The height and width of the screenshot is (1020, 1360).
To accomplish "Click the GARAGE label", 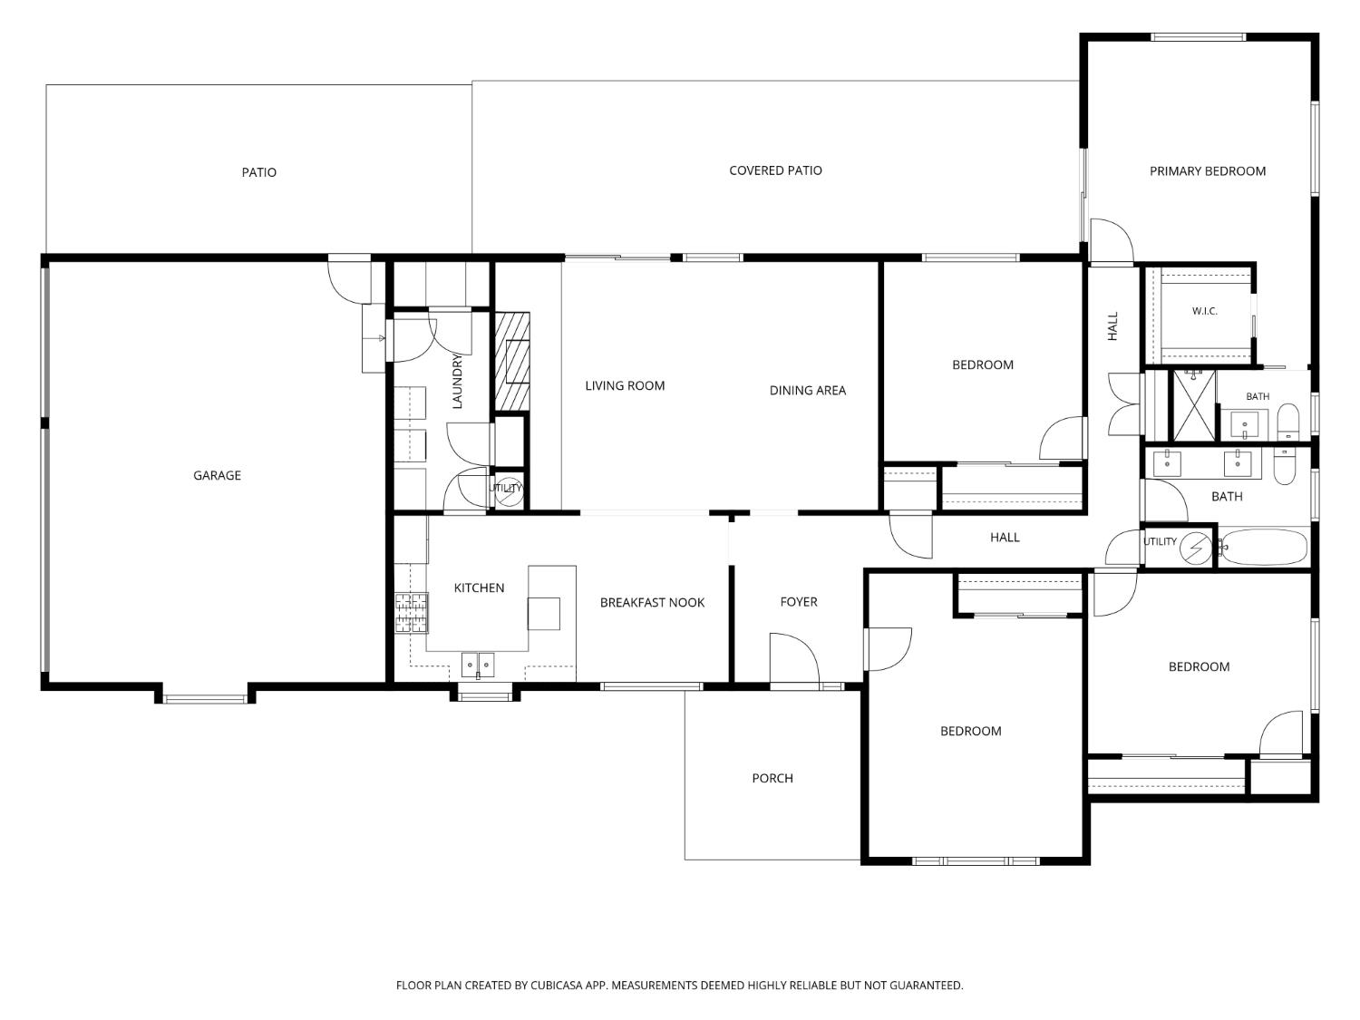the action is (x=217, y=475).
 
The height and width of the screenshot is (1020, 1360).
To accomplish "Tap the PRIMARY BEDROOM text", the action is (x=1207, y=171).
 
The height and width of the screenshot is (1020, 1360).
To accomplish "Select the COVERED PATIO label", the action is (x=775, y=170).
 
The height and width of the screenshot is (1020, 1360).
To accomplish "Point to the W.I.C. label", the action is (x=1204, y=311).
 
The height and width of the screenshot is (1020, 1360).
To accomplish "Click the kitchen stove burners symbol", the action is (x=412, y=613).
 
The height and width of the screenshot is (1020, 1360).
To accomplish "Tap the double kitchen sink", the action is (x=477, y=665).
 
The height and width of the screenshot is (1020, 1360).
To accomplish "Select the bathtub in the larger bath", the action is (x=1264, y=548).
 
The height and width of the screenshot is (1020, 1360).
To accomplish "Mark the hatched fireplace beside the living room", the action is (x=511, y=362).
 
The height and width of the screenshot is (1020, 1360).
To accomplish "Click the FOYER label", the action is (x=798, y=601).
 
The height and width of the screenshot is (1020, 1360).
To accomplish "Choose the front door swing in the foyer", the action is (x=794, y=657).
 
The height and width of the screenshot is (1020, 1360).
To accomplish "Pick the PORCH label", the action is (x=772, y=778).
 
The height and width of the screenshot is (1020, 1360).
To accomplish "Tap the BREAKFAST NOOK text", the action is (x=652, y=602).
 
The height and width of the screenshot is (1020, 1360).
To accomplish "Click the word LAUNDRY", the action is (x=457, y=381).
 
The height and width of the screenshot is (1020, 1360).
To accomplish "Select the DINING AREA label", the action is (x=807, y=390).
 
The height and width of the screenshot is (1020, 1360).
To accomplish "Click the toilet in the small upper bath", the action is (x=1288, y=421).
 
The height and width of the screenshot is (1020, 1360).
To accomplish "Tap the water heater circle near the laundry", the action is (x=510, y=491).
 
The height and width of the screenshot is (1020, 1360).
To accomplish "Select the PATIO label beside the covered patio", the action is (x=259, y=172).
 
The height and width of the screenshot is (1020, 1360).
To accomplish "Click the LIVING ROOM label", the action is (x=625, y=385).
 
